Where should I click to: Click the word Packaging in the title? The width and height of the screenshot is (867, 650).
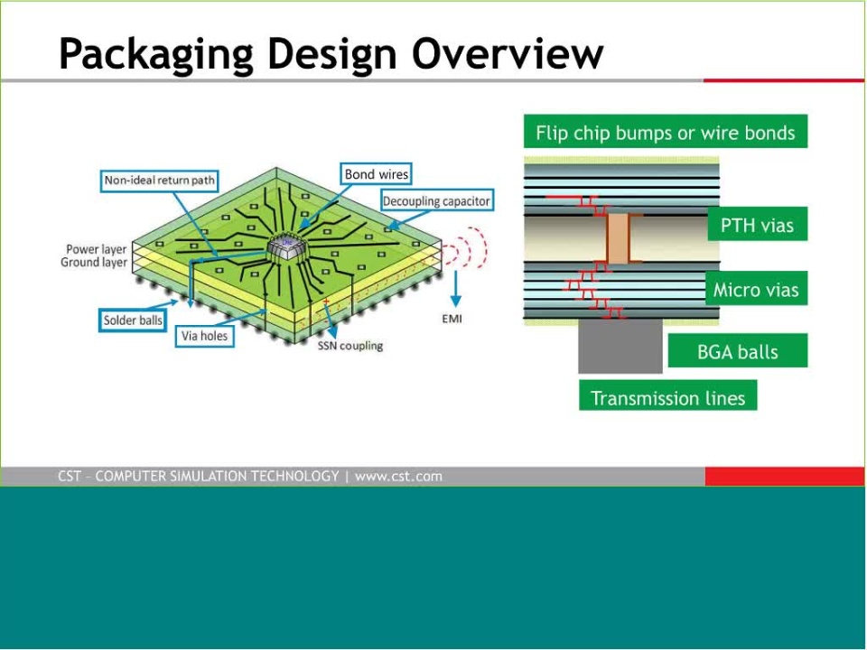click(x=156, y=54)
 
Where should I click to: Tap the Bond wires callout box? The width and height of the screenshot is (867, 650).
click(x=376, y=174)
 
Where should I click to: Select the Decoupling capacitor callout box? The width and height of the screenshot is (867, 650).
click(x=436, y=201)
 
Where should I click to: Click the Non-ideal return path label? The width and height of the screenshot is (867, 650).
click(x=159, y=181)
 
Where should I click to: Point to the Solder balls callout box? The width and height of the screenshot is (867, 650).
click(x=133, y=320)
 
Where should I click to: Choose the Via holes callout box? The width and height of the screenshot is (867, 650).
click(x=205, y=336)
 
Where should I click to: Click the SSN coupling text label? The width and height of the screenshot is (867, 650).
click(x=350, y=346)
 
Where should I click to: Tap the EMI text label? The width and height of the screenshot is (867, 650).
click(x=452, y=319)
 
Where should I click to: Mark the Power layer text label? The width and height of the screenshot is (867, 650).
click(x=97, y=249)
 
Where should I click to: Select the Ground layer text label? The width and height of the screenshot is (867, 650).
click(x=94, y=263)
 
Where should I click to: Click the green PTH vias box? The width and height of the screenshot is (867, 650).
click(x=758, y=224)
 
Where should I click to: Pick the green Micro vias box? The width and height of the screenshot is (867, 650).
click(x=757, y=288)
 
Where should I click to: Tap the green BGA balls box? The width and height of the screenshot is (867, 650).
click(x=738, y=350)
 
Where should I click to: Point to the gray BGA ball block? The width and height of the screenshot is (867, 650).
click(x=620, y=347)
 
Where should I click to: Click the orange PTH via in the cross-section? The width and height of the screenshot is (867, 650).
click(x=618, y=238)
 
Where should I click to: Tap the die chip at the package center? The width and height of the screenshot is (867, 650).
click(x=286, y=248)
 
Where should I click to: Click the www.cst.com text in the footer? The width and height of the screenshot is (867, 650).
click(x=398, y=477)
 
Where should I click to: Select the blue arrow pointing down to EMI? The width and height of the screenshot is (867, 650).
click(x=455, y=289)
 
